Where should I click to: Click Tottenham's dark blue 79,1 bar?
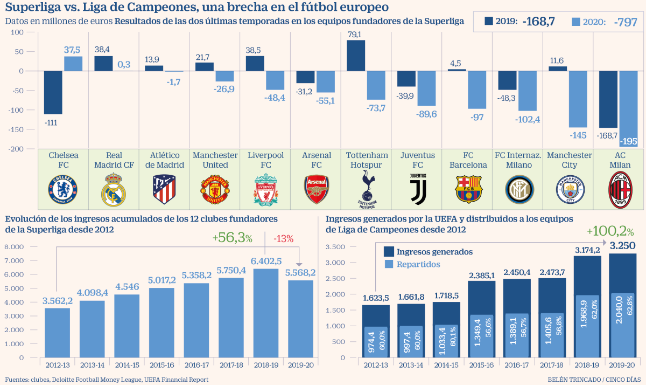pos(356,56)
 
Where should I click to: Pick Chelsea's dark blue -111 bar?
pos(53,92)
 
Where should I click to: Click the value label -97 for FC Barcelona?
pos(476,117)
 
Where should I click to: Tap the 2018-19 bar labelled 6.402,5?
pos(266,313)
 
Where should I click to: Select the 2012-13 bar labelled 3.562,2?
pos(57,332)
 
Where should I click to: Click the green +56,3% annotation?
pos(232,238)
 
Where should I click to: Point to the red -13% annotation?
pos(283,238)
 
